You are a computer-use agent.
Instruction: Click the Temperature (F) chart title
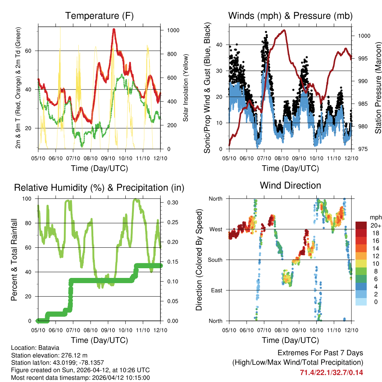99,16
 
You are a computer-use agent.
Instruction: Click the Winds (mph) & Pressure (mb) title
291,16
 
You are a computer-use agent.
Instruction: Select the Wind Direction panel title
290,185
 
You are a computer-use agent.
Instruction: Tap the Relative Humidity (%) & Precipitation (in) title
99,188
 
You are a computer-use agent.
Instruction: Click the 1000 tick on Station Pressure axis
364,36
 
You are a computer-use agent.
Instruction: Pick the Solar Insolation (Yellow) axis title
185,88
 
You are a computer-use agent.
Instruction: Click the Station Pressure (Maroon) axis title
378,88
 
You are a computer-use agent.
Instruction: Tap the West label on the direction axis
216,229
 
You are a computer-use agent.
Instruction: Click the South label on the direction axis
215,260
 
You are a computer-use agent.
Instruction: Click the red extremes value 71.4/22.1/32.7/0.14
331,372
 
